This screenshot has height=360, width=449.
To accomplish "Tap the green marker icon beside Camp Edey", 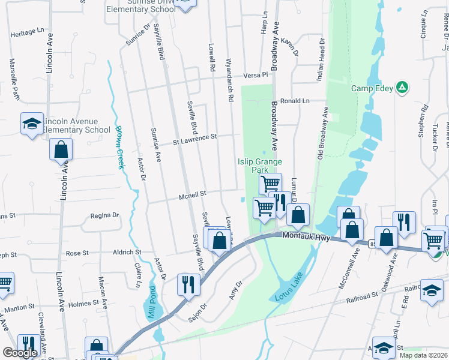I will coord(402,88).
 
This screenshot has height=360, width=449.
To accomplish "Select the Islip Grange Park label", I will coord(260,166).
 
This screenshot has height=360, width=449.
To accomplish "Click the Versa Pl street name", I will coord(255,76).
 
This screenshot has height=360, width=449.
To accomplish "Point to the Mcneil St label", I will coord(192,194).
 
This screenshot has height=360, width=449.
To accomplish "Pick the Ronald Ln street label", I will coord(294,101).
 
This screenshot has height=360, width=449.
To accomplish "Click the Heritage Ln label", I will coord(28,31).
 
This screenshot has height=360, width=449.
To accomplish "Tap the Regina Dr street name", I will coord(105,215).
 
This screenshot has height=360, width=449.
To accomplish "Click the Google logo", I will coord(20,352).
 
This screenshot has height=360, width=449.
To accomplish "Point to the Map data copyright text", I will coord(424,355).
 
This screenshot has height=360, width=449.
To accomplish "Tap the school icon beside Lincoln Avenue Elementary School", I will coord(32,124).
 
